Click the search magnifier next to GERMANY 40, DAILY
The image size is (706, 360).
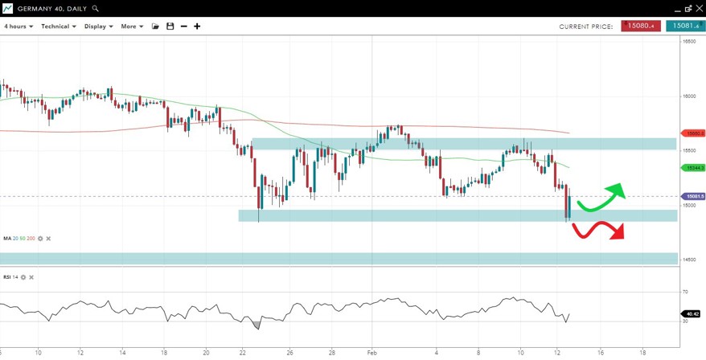click(96, 8)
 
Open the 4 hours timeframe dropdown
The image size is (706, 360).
click(18, 27)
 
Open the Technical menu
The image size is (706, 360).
click(59, 27)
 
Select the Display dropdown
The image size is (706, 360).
click(98, 27)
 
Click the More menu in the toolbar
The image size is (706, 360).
click(132, 27)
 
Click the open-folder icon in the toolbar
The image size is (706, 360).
click(155, 27)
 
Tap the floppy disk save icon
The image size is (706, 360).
click(170, 27)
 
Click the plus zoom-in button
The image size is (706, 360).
click(197, 27)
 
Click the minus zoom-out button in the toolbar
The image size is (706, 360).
click(183, 27)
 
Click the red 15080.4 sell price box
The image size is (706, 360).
click(641, 27)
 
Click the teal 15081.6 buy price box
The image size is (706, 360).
click(685, 27)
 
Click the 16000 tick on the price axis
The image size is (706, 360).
click(689, 96)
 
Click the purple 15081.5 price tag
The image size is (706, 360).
click(693, 196)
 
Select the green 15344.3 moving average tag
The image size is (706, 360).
click(693, 168)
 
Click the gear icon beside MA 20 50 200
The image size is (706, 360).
click(39, 239)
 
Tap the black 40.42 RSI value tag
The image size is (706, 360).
click(692, 314)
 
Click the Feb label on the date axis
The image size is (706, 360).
click(371, 352)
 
